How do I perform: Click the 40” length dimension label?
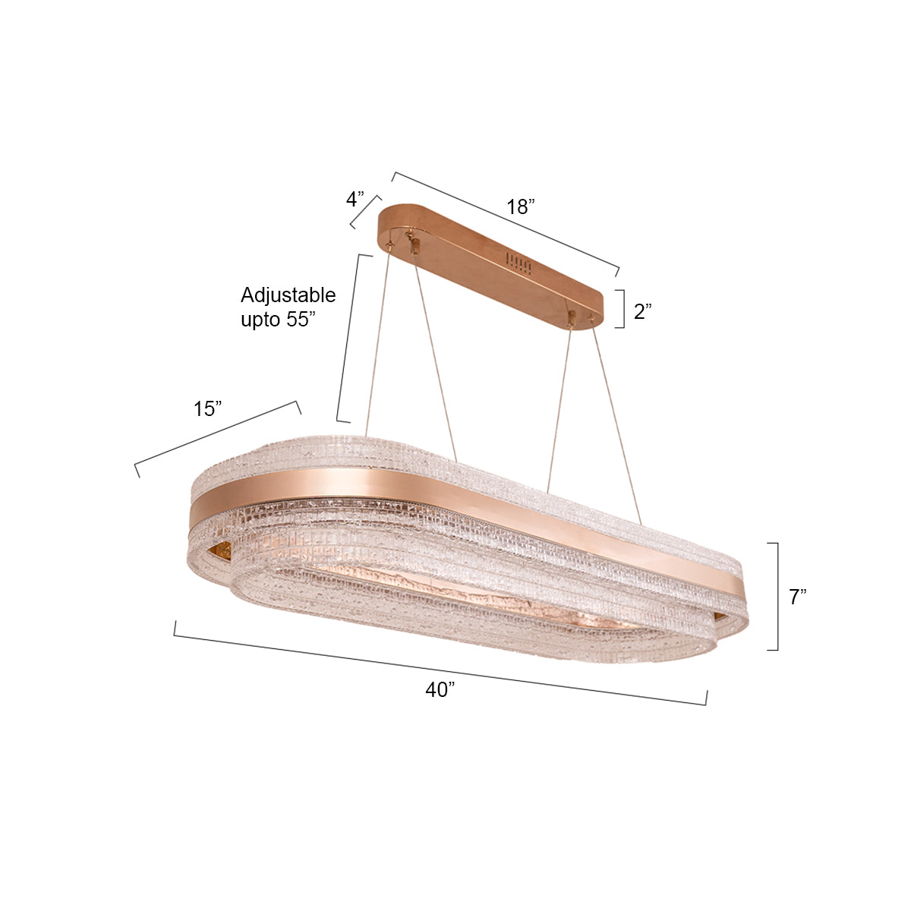[440, 690]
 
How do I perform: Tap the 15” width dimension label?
[207, 409]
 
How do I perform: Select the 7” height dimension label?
[798, 597]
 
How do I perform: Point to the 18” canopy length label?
[521, 206]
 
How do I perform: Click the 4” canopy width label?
[355, 199]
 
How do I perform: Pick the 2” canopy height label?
[642, 311]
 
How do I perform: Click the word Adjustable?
[288, 295]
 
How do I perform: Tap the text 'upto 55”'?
[278, 320]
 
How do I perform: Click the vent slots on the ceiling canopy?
[519, 263]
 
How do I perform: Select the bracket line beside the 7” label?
[777, 597]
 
